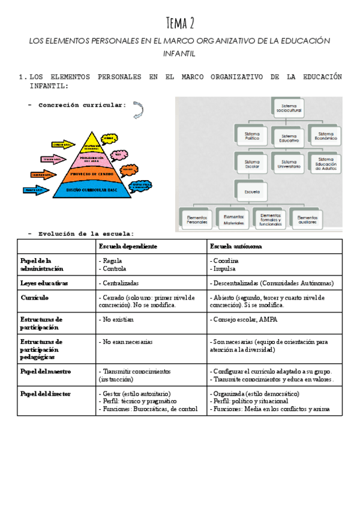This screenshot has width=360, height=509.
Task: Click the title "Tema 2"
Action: [x=180, y=23]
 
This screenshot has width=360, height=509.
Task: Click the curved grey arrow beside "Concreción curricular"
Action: [x=138, y=109]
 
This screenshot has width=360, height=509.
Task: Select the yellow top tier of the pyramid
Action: [x=92, y=145]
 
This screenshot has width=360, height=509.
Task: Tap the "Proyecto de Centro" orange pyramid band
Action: [x=92, y=175]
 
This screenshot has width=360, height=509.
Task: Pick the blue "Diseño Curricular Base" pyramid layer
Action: [x=92, y=190]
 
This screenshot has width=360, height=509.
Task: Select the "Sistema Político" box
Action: [x=252, y=136]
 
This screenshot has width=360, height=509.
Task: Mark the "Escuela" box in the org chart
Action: [x=252, y=191]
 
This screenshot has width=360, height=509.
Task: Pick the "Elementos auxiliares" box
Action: [x=308, y=218]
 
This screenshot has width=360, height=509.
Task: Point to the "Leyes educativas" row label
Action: [x=44, y=282]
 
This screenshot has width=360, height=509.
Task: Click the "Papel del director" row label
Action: [x=46, y=394]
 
